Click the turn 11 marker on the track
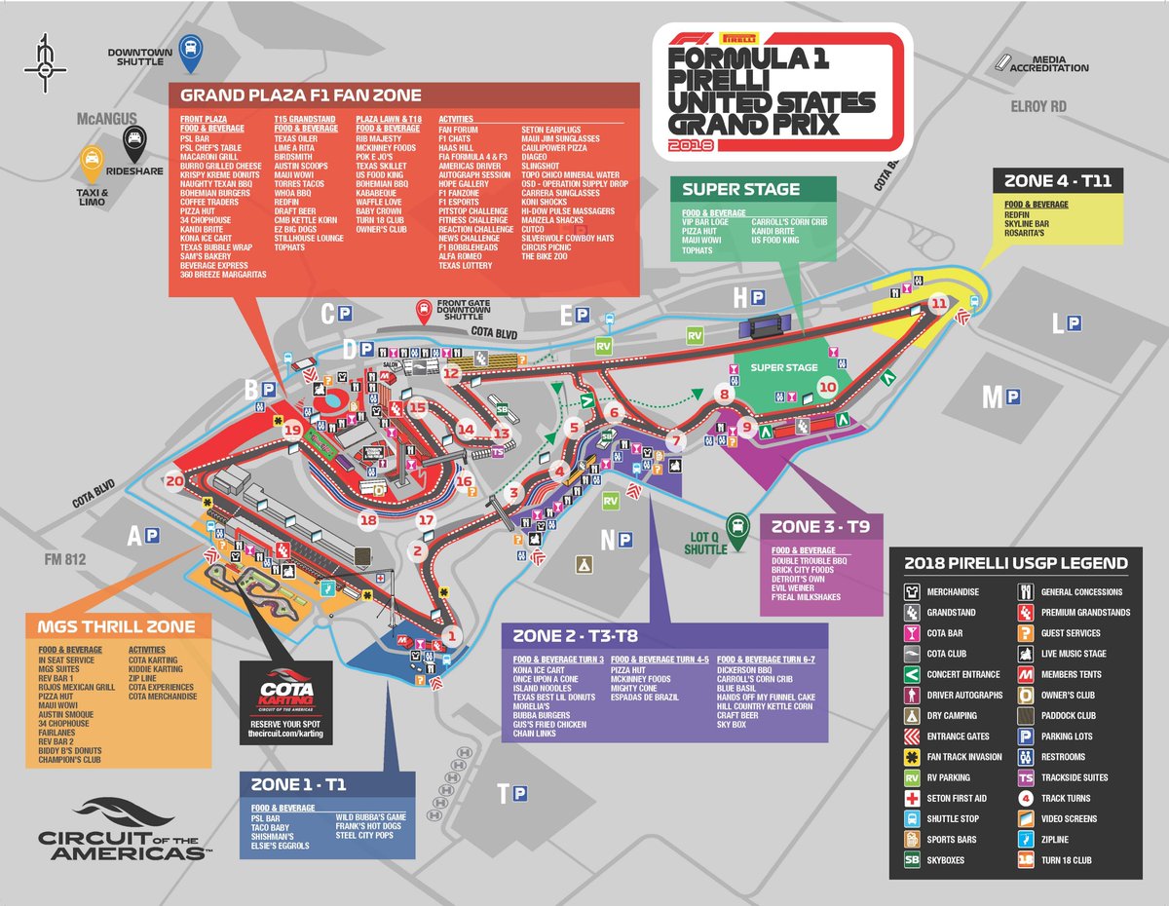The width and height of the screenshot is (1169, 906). pos(938,304)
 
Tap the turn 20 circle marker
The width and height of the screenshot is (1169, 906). pos(175,481)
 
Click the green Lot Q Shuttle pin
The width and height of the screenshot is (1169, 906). pos(740,525)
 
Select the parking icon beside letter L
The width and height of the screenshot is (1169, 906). pos(1074,323)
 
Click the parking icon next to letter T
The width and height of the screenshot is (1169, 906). pos(520,795)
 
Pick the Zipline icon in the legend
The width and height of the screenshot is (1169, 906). pos(1025,839)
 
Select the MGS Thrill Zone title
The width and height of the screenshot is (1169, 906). pos(117,625)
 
